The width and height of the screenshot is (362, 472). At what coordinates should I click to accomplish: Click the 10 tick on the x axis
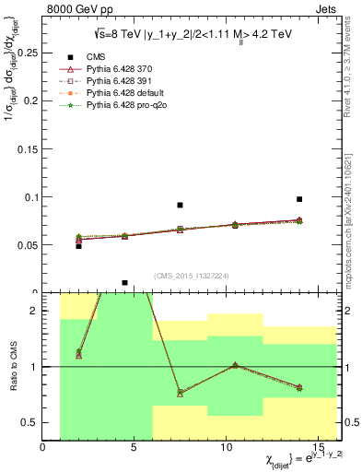point(227,447)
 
